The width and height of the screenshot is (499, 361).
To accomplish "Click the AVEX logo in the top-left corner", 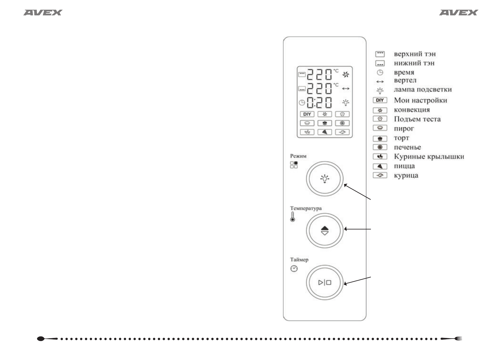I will pos(43,13).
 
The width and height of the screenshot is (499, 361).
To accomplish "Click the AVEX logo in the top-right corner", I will pos(458,13).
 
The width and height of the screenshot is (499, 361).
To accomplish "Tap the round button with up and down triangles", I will pos(325,231).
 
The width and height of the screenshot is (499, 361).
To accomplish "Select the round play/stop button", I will pos(325,282).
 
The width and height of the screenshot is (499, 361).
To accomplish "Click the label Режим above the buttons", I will pos(298,156).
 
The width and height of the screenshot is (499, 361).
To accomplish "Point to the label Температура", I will pos(306,209).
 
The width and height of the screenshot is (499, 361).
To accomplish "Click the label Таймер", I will pos(299,260).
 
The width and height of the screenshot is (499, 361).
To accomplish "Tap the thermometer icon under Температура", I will pos(293,217).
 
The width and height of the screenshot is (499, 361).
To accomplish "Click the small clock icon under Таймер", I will pos(294,269).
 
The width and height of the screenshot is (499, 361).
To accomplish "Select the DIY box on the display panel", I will pos(307,114).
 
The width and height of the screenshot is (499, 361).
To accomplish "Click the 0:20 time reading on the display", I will pos(319,103).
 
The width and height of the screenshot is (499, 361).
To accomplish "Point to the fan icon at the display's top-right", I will pos(346,75).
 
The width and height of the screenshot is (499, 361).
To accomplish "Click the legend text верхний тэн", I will pos(415,54).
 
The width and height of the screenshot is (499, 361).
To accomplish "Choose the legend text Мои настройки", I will pos(420,100).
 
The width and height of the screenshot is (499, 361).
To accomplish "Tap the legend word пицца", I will pos(404,166).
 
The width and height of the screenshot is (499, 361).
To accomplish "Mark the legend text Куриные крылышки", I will pos(429,157).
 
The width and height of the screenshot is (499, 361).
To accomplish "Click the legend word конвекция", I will pos(412,110).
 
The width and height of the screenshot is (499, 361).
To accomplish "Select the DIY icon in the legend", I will pos(380,100).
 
